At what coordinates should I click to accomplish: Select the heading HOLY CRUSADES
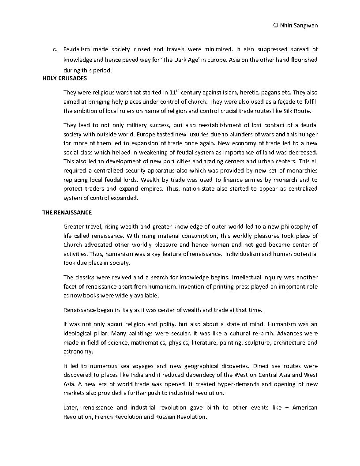point(64,78)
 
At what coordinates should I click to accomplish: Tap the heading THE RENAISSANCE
point(67,212)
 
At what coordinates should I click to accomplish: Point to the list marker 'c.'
point(55,49)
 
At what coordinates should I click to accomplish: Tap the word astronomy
point(78,352)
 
